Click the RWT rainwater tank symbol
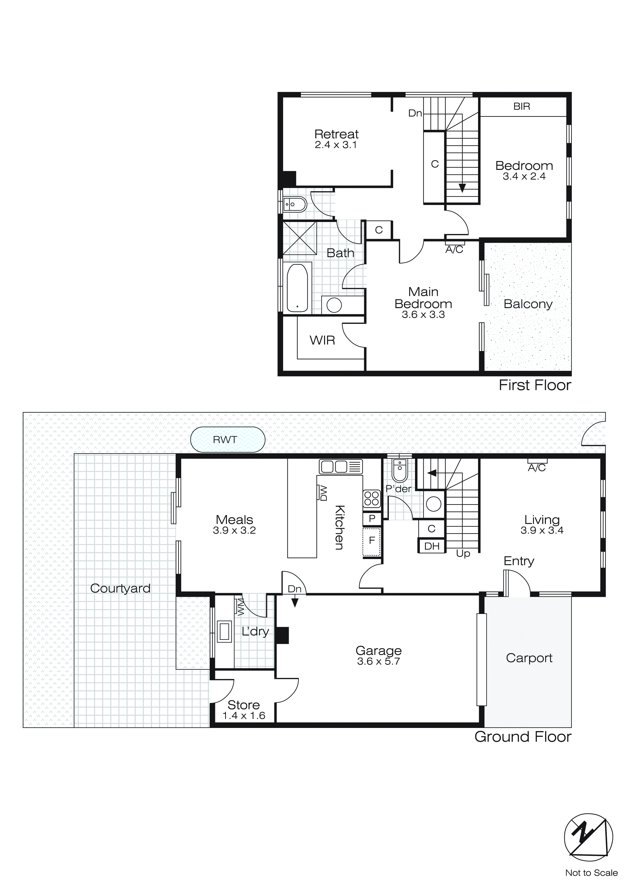228,440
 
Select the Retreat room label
336,134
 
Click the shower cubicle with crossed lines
299,238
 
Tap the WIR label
322,340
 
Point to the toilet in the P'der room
399,470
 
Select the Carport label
529,658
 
